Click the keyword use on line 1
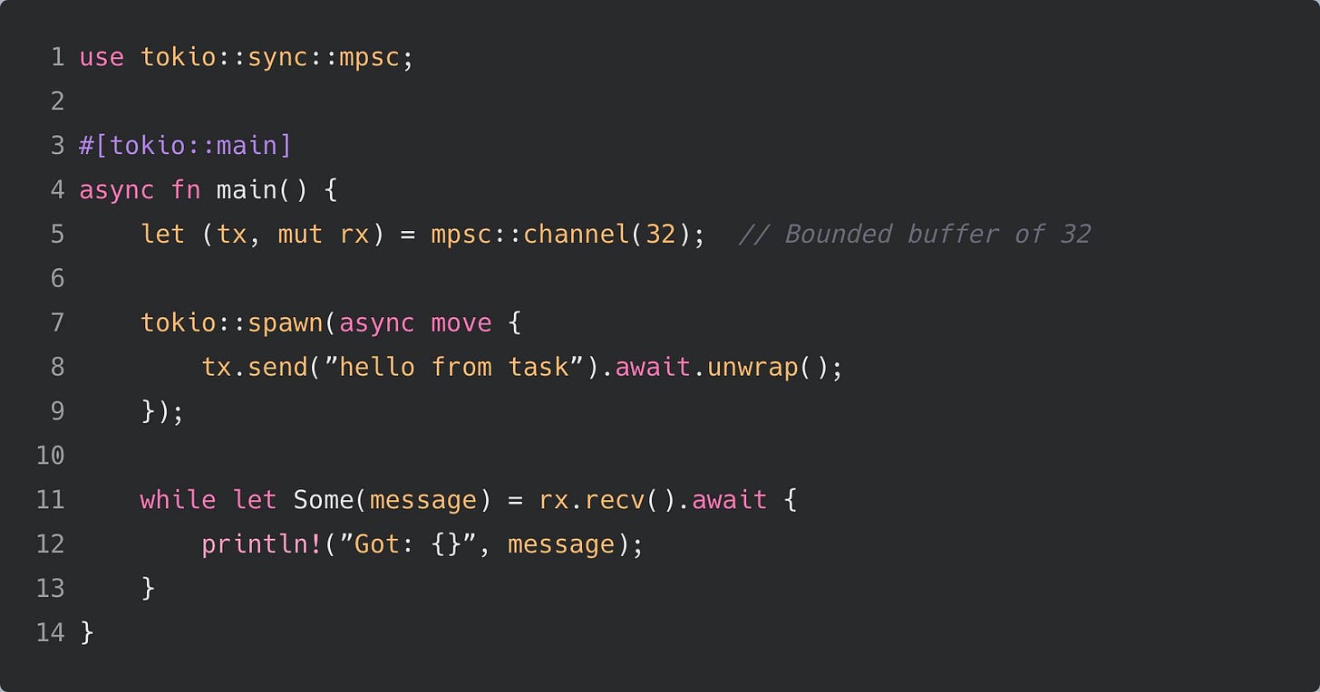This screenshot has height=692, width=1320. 102,57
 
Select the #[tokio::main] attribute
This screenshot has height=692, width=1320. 185,145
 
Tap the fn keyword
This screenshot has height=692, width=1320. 186,190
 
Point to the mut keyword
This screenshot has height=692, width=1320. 300,234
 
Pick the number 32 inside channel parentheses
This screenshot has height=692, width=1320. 661,234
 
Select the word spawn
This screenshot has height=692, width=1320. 285,322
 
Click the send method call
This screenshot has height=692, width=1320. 277,367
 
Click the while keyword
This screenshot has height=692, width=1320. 178,499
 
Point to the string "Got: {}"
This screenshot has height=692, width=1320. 407,543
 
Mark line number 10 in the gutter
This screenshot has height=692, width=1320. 50,455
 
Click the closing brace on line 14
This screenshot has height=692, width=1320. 87,632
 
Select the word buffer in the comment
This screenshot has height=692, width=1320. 953,234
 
